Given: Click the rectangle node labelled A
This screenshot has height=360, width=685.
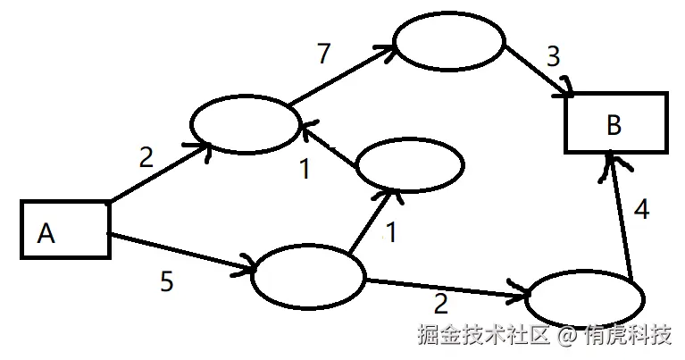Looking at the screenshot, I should (64, 230).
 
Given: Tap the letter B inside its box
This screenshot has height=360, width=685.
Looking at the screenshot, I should (614, 124).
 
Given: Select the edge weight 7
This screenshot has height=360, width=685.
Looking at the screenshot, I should (323, 54).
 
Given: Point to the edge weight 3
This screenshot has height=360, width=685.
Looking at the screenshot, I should (553, 56).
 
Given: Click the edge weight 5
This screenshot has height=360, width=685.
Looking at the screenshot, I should (166, 282).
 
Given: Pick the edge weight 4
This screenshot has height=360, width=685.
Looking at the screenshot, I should (641, 211).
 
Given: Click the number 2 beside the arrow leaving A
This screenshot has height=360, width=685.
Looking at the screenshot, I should (146, 158).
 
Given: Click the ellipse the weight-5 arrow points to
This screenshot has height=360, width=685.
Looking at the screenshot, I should (308, 276).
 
